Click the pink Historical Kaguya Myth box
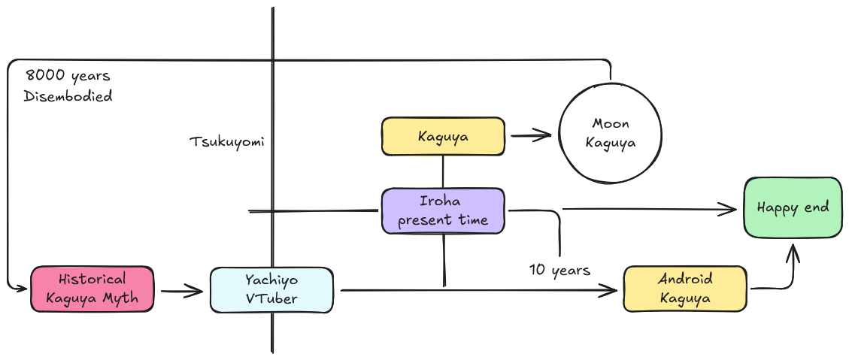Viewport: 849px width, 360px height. [92, 289]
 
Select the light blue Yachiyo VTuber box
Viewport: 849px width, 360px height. [271, 289]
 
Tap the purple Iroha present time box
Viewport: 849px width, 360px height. [443, 210]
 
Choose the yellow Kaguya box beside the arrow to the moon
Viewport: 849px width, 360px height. [443, 137]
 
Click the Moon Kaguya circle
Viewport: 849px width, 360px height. [610, 133]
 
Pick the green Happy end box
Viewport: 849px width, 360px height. [793, 208]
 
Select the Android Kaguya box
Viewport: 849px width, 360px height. [685, 288]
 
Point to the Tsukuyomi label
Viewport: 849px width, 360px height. [226, 142]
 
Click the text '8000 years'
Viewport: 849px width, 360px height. [68, 76]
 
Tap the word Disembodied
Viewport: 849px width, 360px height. [68, 96]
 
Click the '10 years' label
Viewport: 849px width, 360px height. [559, 269]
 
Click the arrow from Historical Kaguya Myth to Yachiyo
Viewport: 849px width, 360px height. [181, 290]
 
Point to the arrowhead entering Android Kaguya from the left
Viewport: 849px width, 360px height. [613, 289]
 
